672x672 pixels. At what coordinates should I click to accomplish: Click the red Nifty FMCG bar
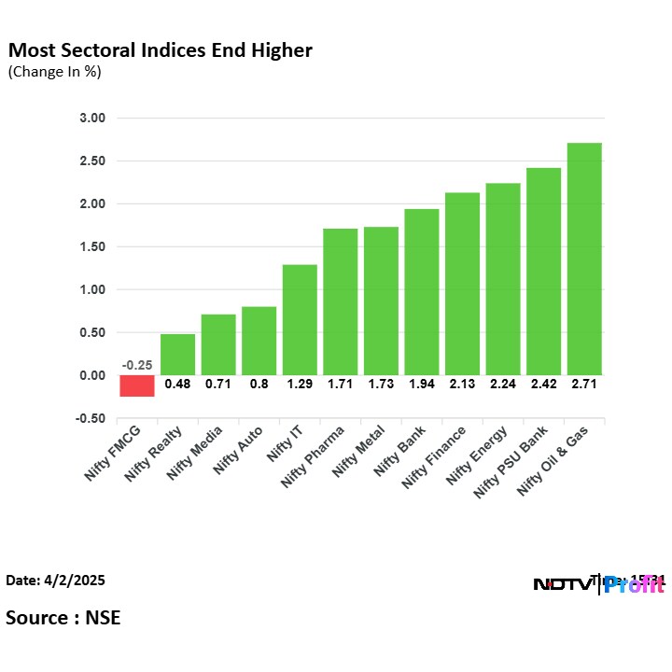[136, 385]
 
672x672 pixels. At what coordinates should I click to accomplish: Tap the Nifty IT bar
[300, 319]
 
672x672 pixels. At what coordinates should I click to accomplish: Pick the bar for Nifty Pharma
[340, 301]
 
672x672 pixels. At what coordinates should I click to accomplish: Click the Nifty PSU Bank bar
[543, 271]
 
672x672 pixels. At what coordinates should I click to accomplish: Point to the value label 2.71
[584, 384]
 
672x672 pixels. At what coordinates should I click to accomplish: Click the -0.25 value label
[136, 365]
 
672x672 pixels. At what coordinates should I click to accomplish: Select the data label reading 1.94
[422, 384]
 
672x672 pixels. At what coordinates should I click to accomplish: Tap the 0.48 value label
[177, 384]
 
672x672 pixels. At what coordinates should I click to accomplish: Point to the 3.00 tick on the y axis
[93, 119]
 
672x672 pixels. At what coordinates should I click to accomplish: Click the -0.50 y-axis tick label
[91, 418]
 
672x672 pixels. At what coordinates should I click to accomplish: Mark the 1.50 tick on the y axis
[93, 247]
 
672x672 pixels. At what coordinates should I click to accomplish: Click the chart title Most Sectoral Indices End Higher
[161, 49]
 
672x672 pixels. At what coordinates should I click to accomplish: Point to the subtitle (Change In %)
[54, 71]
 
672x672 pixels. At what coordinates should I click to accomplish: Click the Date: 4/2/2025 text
[55, 581]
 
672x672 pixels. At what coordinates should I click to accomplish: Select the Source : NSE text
[63, 617]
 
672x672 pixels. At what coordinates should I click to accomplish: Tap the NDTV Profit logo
[598, 585]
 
